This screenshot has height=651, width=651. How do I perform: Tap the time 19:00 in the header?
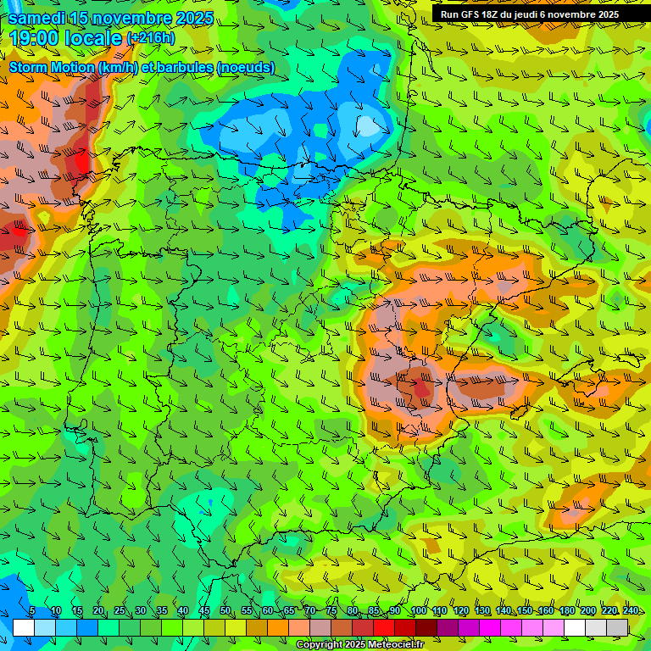point(38,38)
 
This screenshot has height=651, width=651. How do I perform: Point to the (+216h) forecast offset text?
point(151,38)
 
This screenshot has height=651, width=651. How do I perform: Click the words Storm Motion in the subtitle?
point(51,67)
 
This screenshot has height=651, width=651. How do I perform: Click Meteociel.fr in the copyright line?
point(401,645)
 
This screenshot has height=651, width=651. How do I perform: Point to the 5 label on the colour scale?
point(32,611)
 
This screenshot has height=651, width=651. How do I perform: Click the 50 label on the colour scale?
point(225,611)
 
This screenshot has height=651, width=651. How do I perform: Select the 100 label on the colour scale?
point(418,611)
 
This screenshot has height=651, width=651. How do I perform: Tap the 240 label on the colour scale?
point(631,611)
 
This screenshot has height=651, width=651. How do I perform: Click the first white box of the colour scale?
point(24,627)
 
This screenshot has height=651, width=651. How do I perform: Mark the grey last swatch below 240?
point(617,627)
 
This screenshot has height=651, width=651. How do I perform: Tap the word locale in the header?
point(97,38)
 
